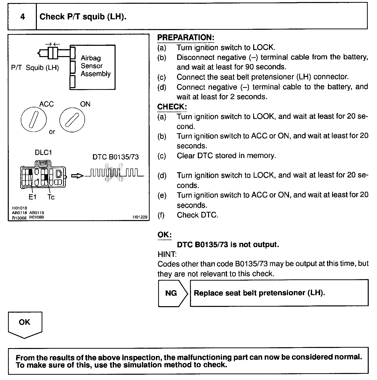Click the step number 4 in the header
[22, 17]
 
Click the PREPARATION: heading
[185, 38]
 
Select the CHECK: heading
[172, 107]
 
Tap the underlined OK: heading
[164, 235]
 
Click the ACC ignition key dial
[34, 120]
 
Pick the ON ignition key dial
[72, 120]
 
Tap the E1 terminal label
[33, 197]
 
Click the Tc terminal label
[51, 197]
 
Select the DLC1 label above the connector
[43, 152]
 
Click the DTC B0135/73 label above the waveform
[116, 157]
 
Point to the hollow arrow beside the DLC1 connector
[77, 176]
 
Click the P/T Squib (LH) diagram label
[35, 68]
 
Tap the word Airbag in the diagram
[91, 58]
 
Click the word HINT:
[167, 254]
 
